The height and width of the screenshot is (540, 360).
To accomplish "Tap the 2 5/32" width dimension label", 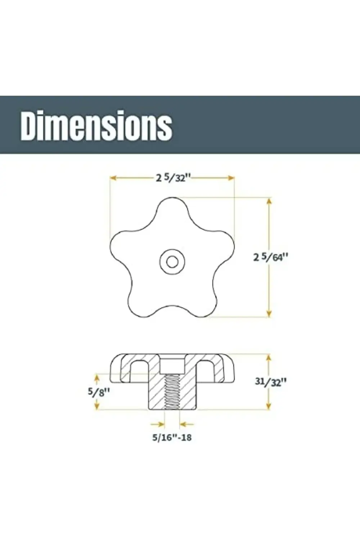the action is click(x=173, y=178).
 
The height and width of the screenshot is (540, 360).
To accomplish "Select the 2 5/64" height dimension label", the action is click(x=271, y=257).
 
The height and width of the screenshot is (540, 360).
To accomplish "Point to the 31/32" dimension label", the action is click(x=271, y=382).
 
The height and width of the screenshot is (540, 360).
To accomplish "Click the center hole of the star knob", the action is click(x=172, y=262).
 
